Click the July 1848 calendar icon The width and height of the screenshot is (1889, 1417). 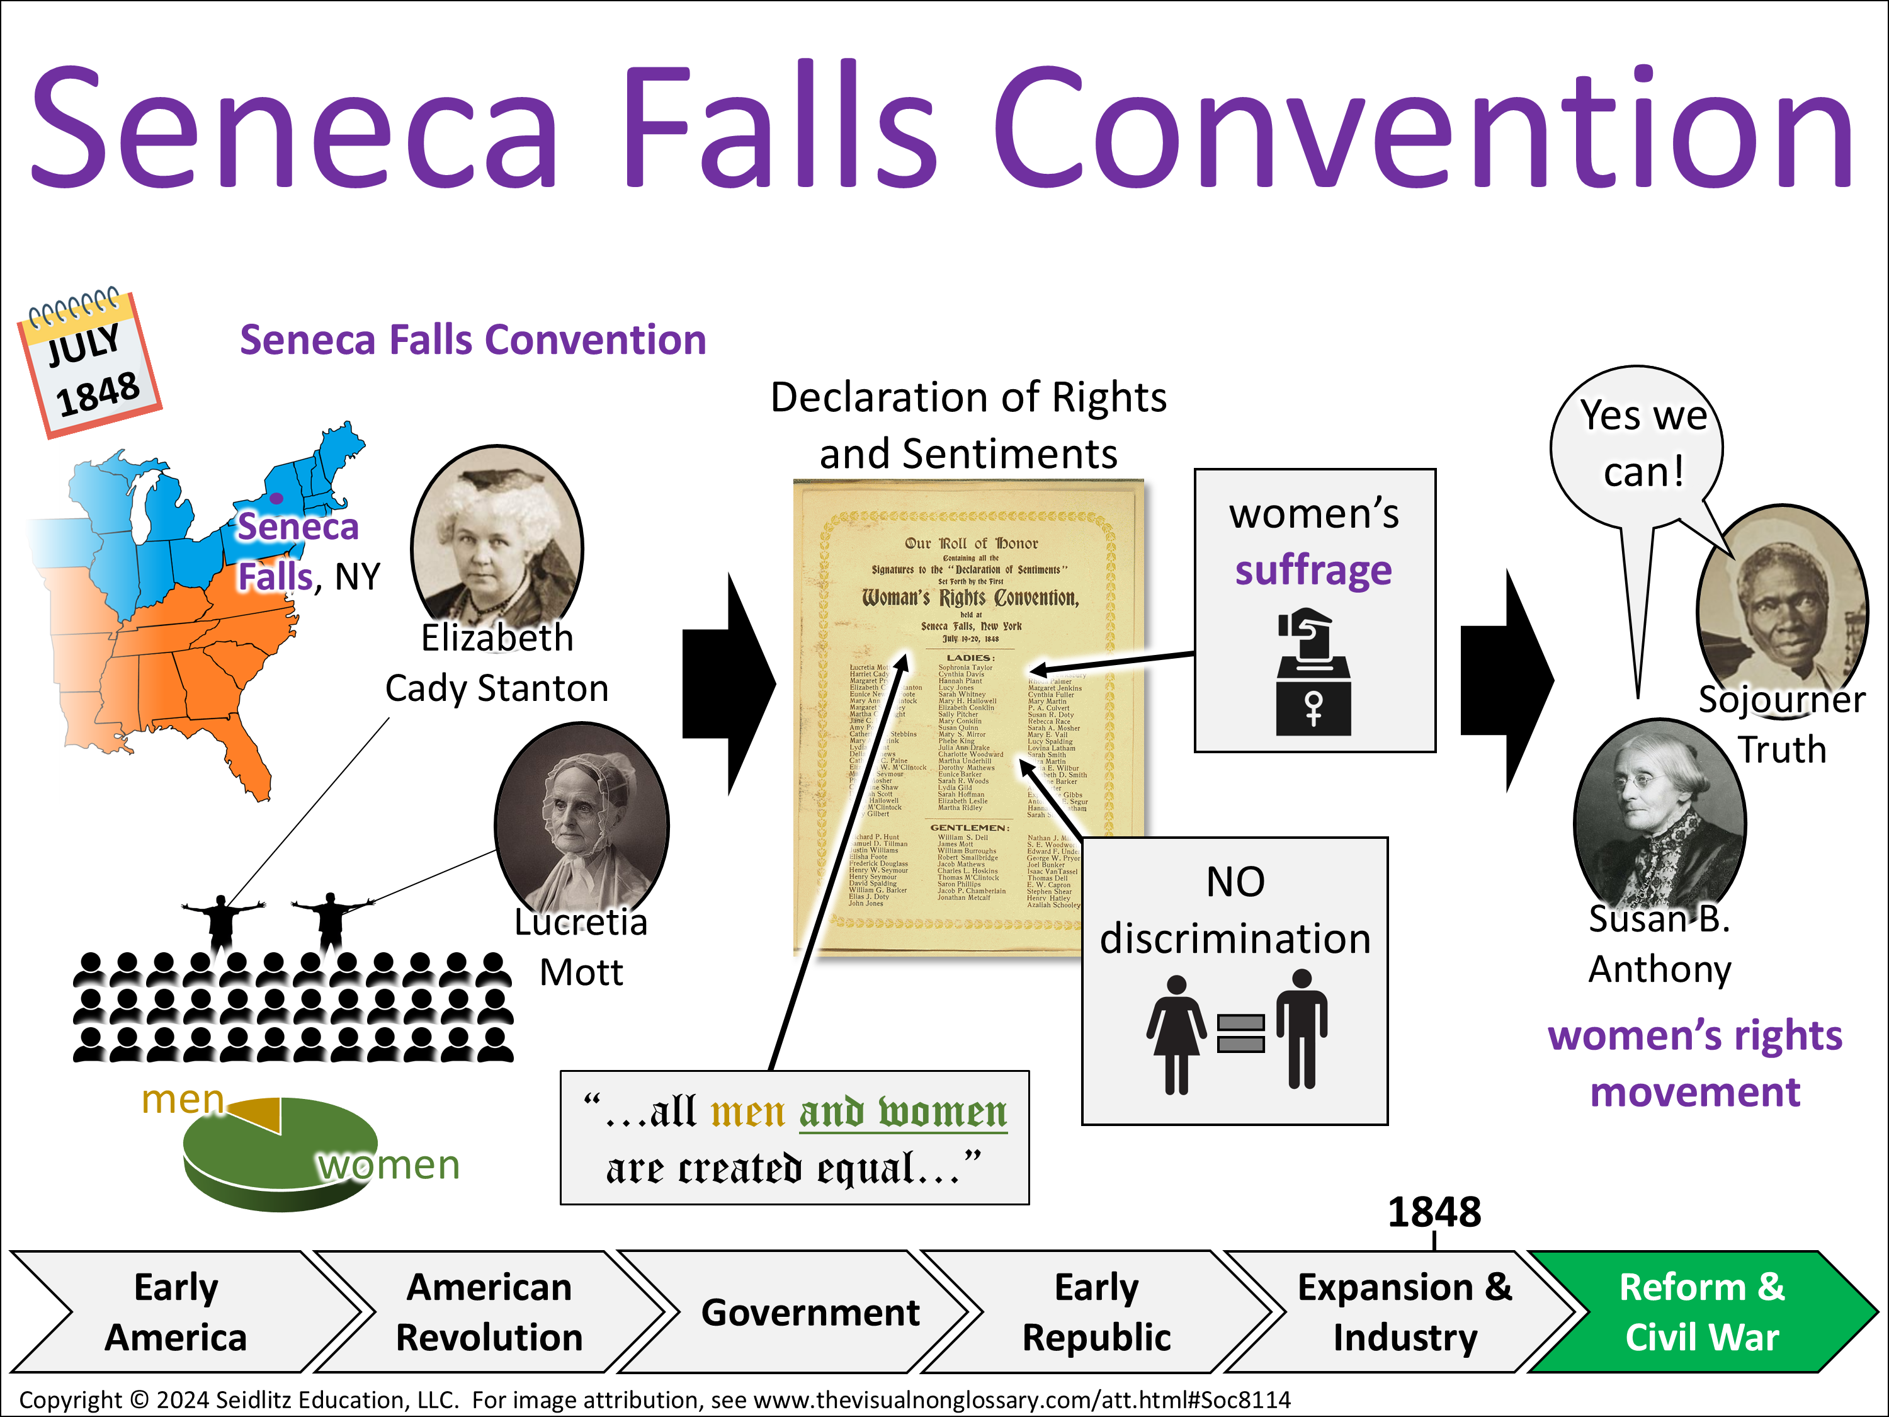[89, 363]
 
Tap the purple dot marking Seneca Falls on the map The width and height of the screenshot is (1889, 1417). [276, 498]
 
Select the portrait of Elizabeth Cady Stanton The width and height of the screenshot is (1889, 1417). [496, 534]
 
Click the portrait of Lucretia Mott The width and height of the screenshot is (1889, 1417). [582, 820]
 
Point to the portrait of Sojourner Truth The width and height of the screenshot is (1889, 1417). [1781, 598]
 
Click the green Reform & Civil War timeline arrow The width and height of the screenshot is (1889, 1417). [1699, 1312]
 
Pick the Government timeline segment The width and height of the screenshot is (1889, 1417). [810, 1312]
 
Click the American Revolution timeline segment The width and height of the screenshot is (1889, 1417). [489, 1312]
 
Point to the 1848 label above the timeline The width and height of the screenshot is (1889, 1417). [1434, 1211]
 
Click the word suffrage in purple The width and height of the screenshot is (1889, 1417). [1313, 570]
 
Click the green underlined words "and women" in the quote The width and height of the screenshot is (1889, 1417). [903, 1112]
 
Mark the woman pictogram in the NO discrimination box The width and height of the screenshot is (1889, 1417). [1176, 1033]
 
